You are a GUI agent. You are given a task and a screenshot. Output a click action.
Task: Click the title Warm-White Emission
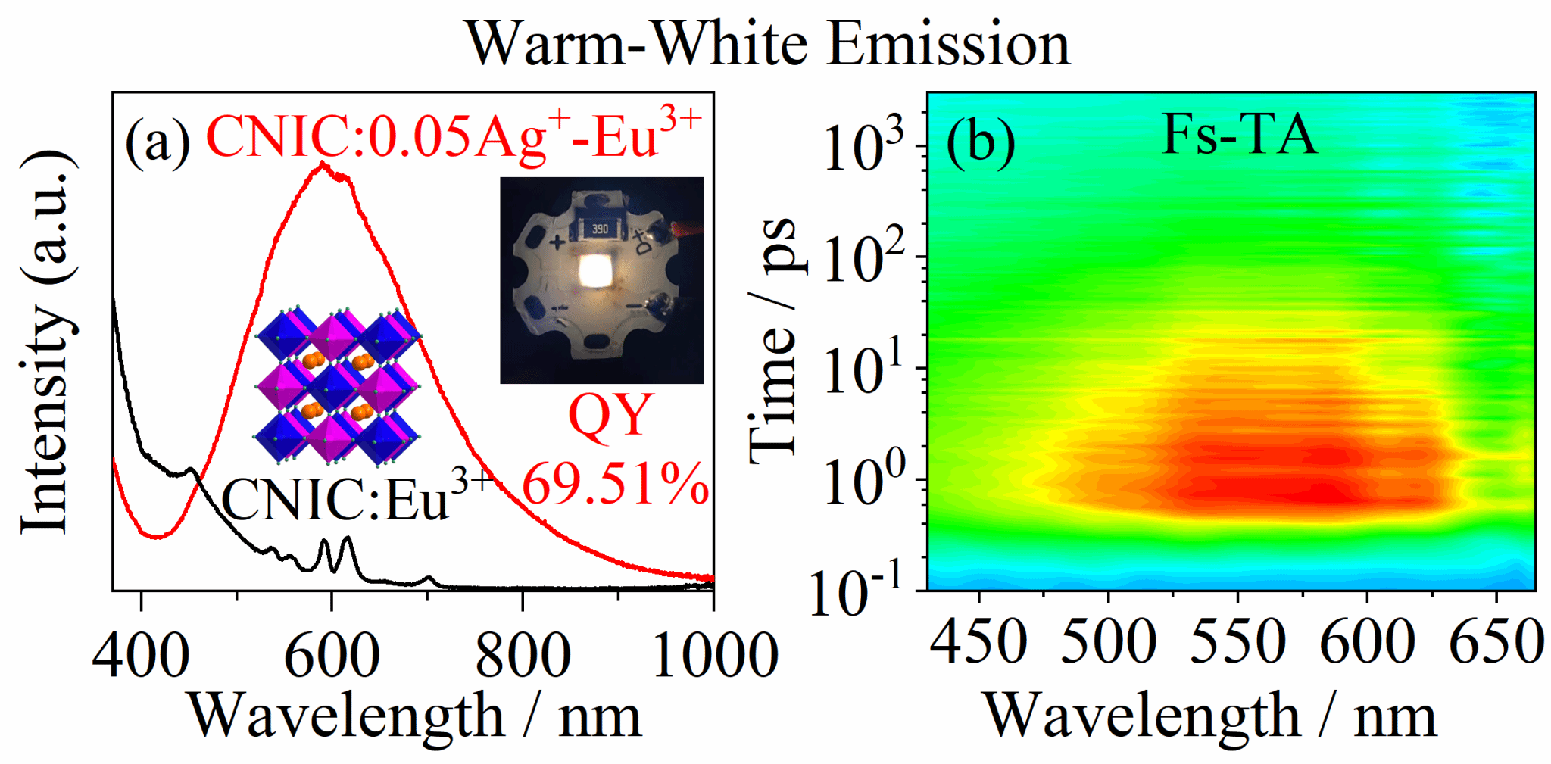click(x=767, y=44)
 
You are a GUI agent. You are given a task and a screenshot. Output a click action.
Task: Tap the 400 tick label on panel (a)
click(x=141, y=655)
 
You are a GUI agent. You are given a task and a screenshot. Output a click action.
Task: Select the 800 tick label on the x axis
click(x=523, y=655)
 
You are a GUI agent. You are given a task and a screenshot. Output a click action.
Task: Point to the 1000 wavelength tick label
click(x=715, y=655)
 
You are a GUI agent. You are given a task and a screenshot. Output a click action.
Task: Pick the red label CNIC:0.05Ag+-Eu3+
click(x=453, y=136)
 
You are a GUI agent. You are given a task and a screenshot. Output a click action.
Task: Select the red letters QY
click(x=610, y=415)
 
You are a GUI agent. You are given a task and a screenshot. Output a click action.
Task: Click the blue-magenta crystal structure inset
click(x=337, y=386)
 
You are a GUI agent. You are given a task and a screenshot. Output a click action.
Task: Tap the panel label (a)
click(x=158, y=141)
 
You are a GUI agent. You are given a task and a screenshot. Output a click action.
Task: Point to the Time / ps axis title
click(x=774, y=341)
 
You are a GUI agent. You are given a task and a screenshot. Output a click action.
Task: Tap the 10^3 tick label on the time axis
click(x=863, y=145)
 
